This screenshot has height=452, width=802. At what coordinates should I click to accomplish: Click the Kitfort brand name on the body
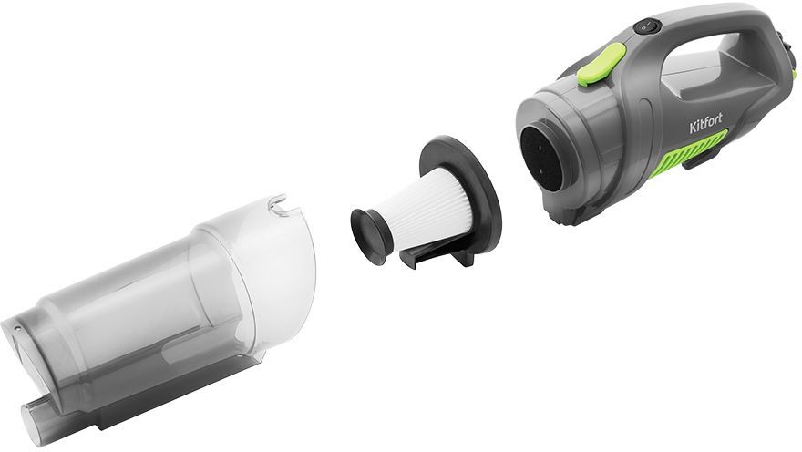pyautogui.click(x=705, y=123)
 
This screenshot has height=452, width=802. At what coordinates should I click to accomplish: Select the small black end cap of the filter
pyautogui.click(x=371, y=236)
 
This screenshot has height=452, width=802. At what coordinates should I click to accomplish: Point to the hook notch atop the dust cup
pyautogui.click(x=279, y=204)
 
